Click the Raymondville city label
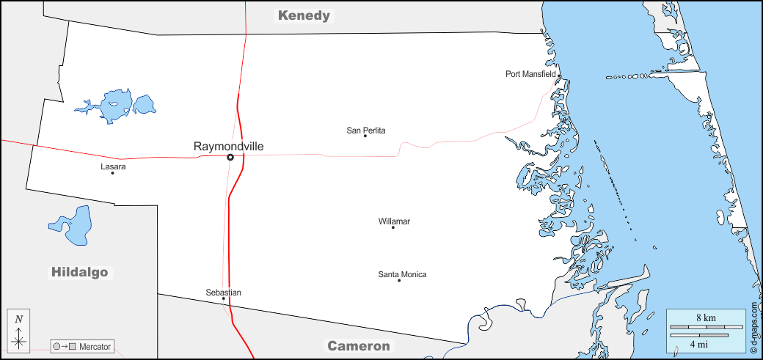[228, 147]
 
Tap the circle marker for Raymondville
[230, 157]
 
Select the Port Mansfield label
[530, 74]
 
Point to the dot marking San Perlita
[365, 136]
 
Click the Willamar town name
[394, 221]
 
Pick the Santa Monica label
[402, 275]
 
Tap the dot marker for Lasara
[112, 173]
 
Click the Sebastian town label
[223, 293]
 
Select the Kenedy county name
[304, 15]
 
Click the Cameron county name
[359, 346]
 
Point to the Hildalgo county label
[79, 273]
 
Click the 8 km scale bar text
[706, 318]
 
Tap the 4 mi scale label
[698, 343]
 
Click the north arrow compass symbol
[19, 331]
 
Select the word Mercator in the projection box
[95, 346]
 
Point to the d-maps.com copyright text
[754, 323]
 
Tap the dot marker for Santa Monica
[399, 281]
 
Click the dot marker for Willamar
[393, 227]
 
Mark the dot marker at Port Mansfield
[559, 76]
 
